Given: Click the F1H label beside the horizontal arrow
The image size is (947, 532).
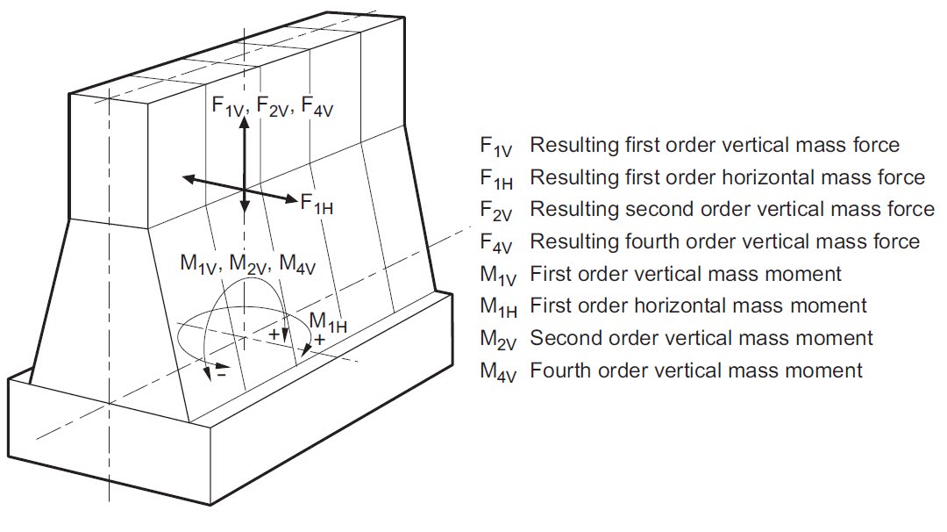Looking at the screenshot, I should [317, 204].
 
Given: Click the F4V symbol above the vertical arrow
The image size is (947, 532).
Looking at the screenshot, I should [317, 106].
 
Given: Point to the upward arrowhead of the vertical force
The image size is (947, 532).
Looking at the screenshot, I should [245, 124].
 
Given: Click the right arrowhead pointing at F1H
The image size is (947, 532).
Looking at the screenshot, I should [291, 198].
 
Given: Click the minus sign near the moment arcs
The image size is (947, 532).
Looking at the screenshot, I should [222, 372].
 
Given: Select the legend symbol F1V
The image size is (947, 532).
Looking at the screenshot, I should [498, 146].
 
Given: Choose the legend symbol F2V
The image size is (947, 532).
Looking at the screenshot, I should [498, 210].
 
